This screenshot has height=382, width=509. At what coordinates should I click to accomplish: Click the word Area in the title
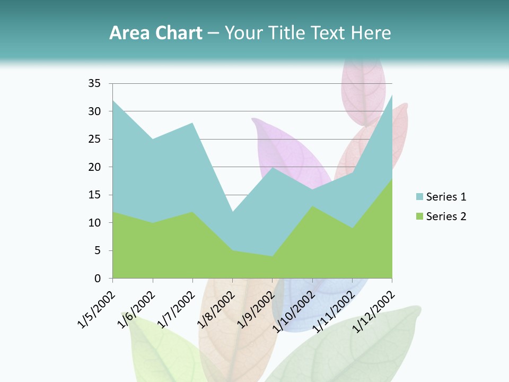pyautogui.click(x=127, y=33)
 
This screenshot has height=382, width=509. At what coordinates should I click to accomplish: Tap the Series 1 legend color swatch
pyautogui.click(x=419, y=197)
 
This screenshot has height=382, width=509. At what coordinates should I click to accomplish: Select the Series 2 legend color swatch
pyautogui.click(x=419, y=216)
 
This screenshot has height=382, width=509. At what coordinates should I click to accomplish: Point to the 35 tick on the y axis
pyautogui.click(x=94, y=83)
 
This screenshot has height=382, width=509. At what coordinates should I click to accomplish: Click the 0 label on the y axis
pyautogui.click(x=98, y=279)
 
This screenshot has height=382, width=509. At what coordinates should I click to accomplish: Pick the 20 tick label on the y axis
pyautogui.click(x=94, y=167)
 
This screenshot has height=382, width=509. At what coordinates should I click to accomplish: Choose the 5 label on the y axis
pyautogui.click(x=98, y=250)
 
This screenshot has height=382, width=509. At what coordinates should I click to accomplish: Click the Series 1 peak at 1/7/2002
pyautogui.click(x=192, y=123)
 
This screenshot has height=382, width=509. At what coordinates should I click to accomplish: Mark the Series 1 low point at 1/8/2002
pyautogui.click(x=232, y=212)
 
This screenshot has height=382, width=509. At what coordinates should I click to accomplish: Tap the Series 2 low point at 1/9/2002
pyautogui.click(x=273, y=256)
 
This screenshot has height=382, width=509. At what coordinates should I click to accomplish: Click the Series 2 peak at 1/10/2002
pyautogui.click(x=312, y=206)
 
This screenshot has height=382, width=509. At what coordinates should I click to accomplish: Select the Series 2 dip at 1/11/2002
pyautogui.click(x=352, y=228)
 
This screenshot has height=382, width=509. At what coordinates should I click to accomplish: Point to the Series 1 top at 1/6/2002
pyautogui.click(x=153, y=139)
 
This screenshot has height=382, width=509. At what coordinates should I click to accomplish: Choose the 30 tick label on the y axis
pyautogui.click(x=94, y=111)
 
